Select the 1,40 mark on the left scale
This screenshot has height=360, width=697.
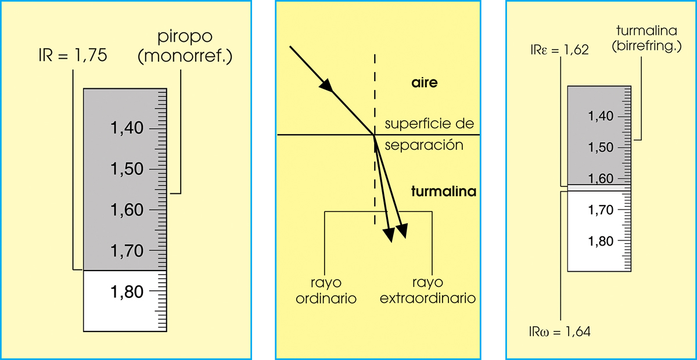click(x=127, y=128)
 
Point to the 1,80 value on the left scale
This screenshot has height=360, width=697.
click(x=127, y=291)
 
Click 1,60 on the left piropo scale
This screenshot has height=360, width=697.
click(x=127, y=210)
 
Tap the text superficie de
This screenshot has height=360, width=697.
click(x=429, y=124)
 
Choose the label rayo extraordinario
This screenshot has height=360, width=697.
click(x=427, y=290)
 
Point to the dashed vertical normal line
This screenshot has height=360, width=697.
click(x=375, y=93)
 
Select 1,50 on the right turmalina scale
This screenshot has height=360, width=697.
click(x=601, y=147)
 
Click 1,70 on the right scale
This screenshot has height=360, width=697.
click(x=601, y=210)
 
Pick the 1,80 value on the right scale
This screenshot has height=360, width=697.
click(x=601, y=241)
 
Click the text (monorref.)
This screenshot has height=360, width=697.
click(x=184, y=57)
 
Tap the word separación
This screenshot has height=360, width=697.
click(x=425, y=145)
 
